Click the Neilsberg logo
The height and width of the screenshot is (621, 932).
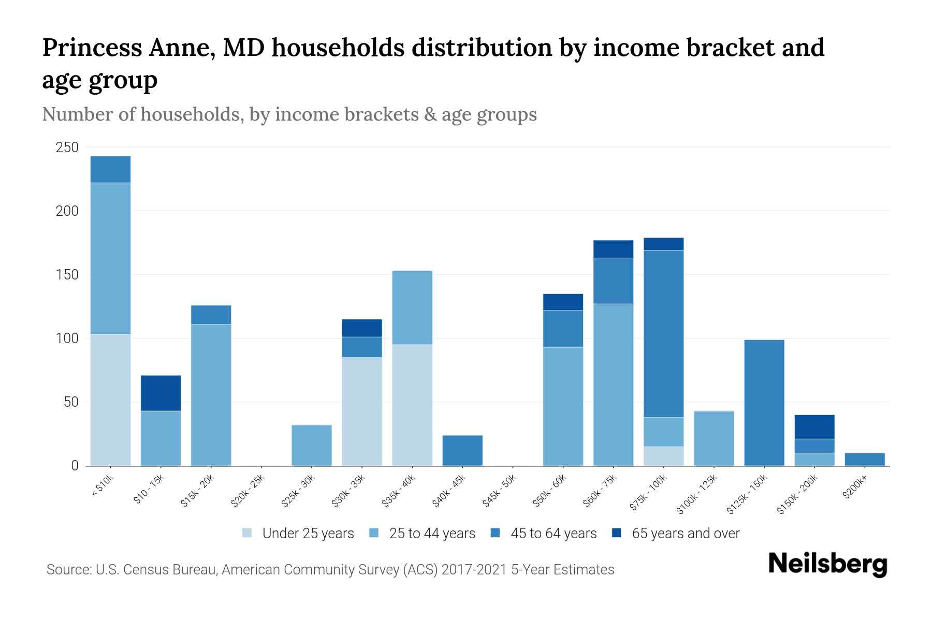827,564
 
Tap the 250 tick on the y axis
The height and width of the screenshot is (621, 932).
67,147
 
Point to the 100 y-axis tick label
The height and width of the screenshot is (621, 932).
67,338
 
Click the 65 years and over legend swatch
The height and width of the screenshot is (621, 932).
616,533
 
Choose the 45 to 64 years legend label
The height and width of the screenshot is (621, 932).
554,534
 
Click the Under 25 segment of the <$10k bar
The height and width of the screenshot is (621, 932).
110,400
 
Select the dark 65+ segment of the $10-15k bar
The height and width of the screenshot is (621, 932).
161,393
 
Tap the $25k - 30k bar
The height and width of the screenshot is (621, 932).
312,445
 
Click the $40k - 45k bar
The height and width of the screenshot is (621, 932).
462,450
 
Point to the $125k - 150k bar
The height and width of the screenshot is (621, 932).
764,403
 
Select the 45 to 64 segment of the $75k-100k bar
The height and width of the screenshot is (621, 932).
663,334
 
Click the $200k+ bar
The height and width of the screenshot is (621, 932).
864,459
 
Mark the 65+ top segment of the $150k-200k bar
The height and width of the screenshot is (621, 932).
814,427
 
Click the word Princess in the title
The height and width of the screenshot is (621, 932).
92,48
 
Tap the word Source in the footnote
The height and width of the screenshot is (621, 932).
67,570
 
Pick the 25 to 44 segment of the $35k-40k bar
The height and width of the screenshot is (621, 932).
412,307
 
